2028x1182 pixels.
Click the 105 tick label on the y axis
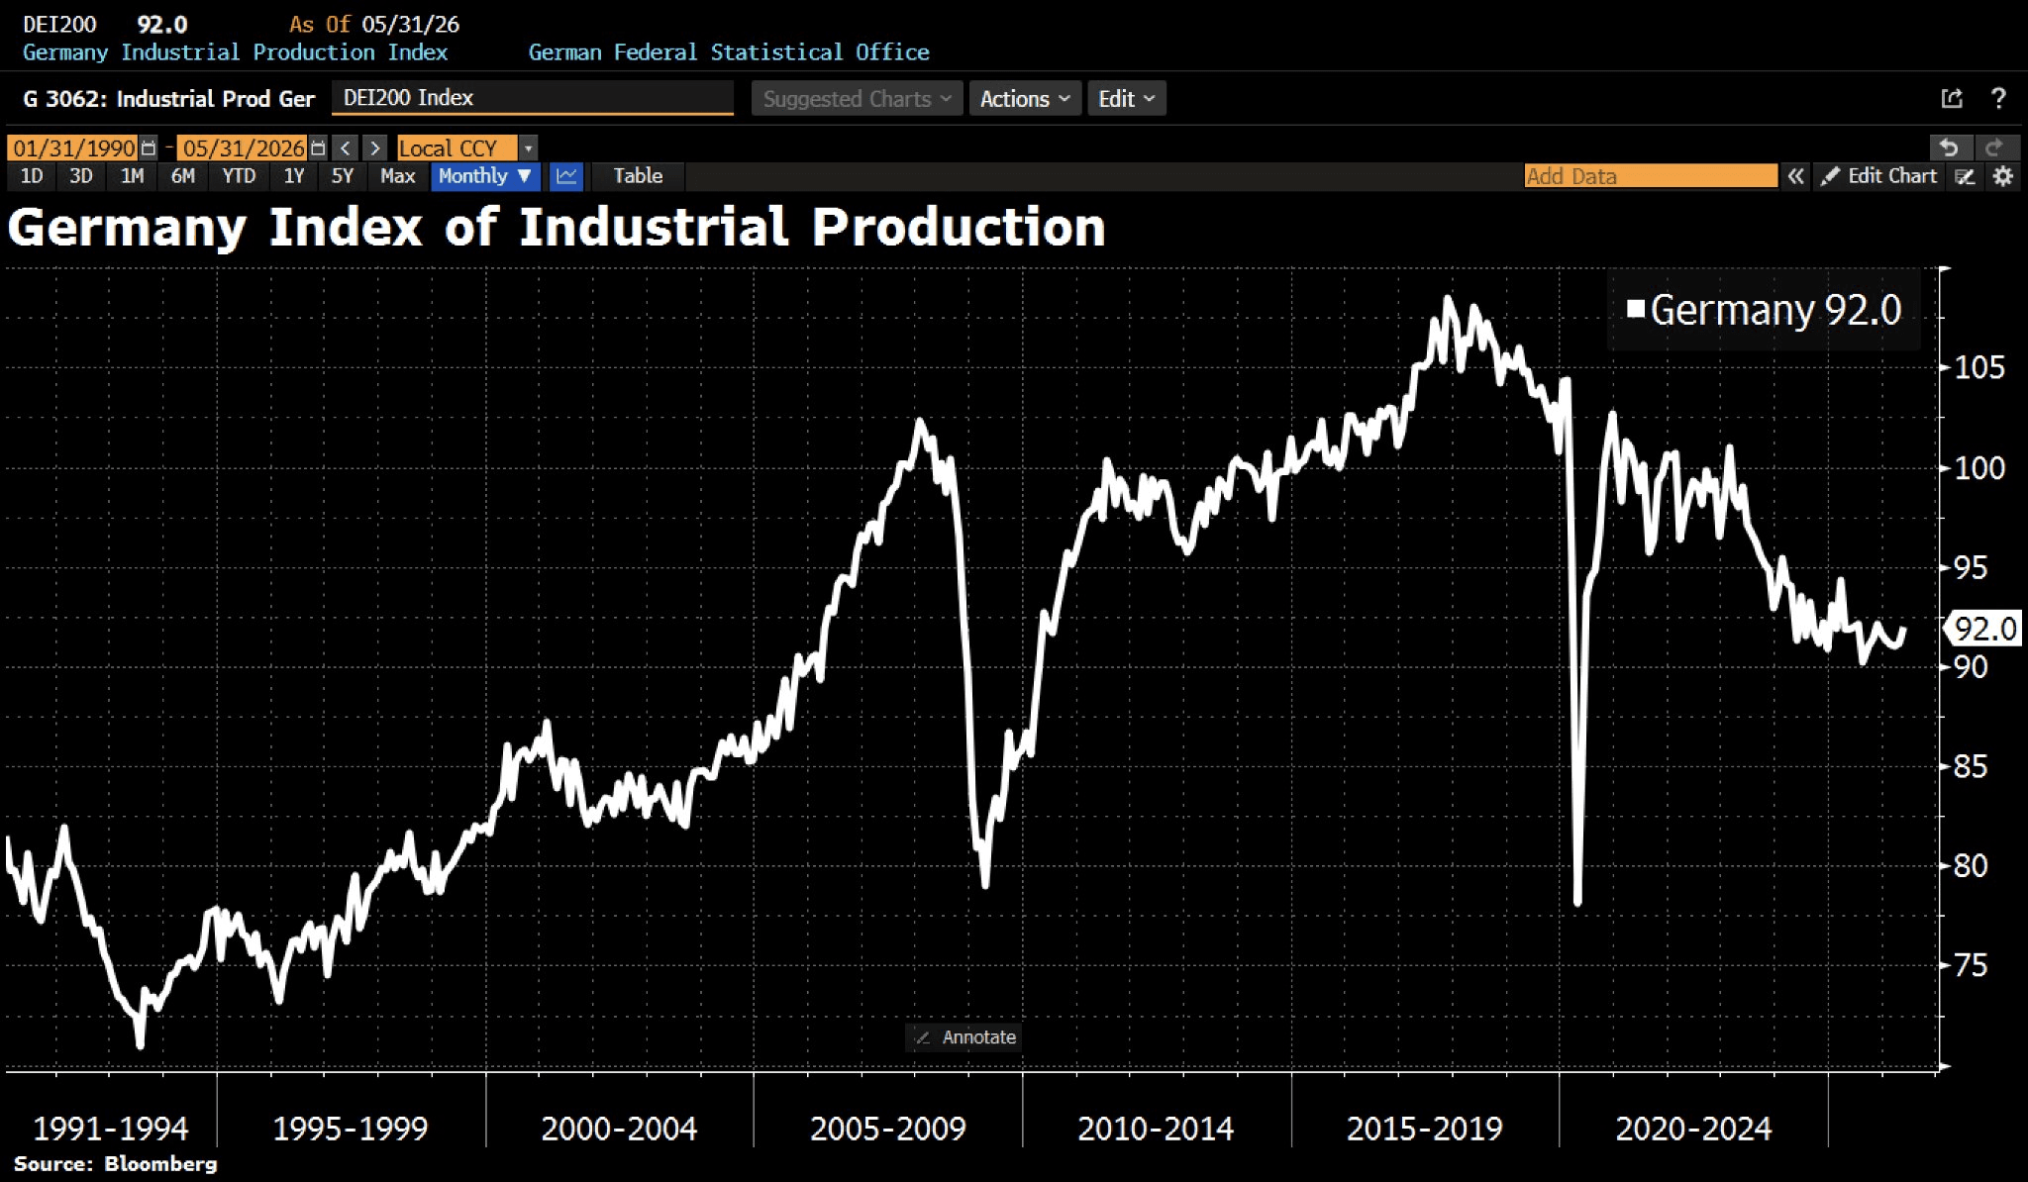1979,368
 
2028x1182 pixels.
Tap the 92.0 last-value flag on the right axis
1984,629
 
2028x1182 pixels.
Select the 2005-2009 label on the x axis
887,1129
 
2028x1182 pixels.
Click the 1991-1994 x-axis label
110,1129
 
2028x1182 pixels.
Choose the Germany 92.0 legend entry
1764,310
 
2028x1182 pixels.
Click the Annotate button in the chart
964,1037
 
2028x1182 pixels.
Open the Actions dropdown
1025,99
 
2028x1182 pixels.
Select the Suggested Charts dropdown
857,99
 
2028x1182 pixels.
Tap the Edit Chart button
1878,176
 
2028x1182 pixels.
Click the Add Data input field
1651,176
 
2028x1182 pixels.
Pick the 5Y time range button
343,176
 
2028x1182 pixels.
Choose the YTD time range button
239,176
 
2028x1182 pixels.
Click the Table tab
638,176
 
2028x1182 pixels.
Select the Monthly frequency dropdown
485,176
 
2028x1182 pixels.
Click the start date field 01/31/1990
74,148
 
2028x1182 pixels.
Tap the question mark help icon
1998,98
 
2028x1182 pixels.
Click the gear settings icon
2003,176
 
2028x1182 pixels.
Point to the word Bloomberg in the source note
160,1164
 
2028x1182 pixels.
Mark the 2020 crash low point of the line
1577,901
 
